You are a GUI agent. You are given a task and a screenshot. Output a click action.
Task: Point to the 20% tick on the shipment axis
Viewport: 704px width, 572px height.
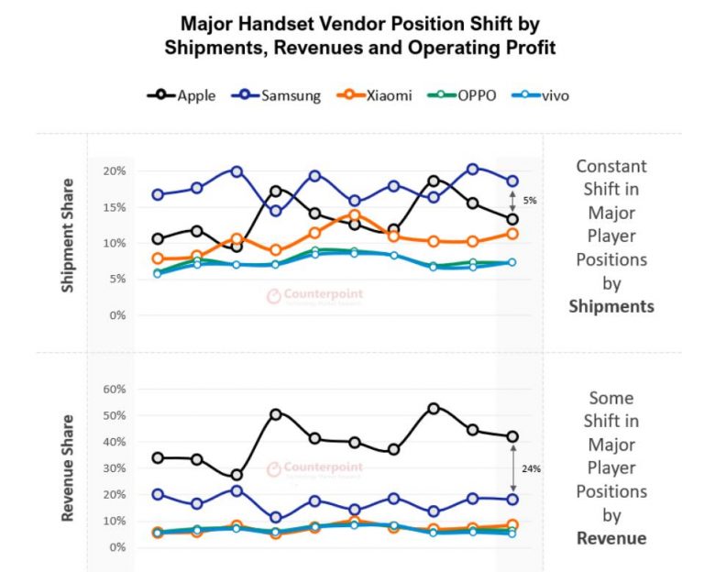tap(114, 171)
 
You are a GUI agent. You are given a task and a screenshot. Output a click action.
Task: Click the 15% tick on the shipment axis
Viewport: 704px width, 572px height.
tap(114, 207)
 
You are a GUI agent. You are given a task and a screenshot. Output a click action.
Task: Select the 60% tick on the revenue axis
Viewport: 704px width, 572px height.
tap(112, 389)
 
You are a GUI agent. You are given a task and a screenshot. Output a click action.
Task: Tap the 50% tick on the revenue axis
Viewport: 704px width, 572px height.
tap(112, 415)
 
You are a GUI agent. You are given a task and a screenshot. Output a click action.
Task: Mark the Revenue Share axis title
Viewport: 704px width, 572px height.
tap(68, 468)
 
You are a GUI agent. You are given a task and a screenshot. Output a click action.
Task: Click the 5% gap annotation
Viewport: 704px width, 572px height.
tap(529, 200)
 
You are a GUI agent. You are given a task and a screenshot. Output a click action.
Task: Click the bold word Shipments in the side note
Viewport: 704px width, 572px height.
tap(611, 306)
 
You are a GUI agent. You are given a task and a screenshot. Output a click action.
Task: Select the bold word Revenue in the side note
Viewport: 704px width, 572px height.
tap(611, 538)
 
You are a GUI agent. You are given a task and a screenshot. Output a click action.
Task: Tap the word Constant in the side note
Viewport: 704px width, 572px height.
tap(611, 166)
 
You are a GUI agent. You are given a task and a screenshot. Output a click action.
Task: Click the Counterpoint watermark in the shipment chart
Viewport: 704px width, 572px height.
tap(315, 295)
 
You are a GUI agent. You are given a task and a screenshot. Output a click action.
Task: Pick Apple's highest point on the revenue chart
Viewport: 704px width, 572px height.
tap(434, 408)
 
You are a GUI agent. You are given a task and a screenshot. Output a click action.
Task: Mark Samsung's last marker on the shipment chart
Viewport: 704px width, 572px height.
tap(511, 181)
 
